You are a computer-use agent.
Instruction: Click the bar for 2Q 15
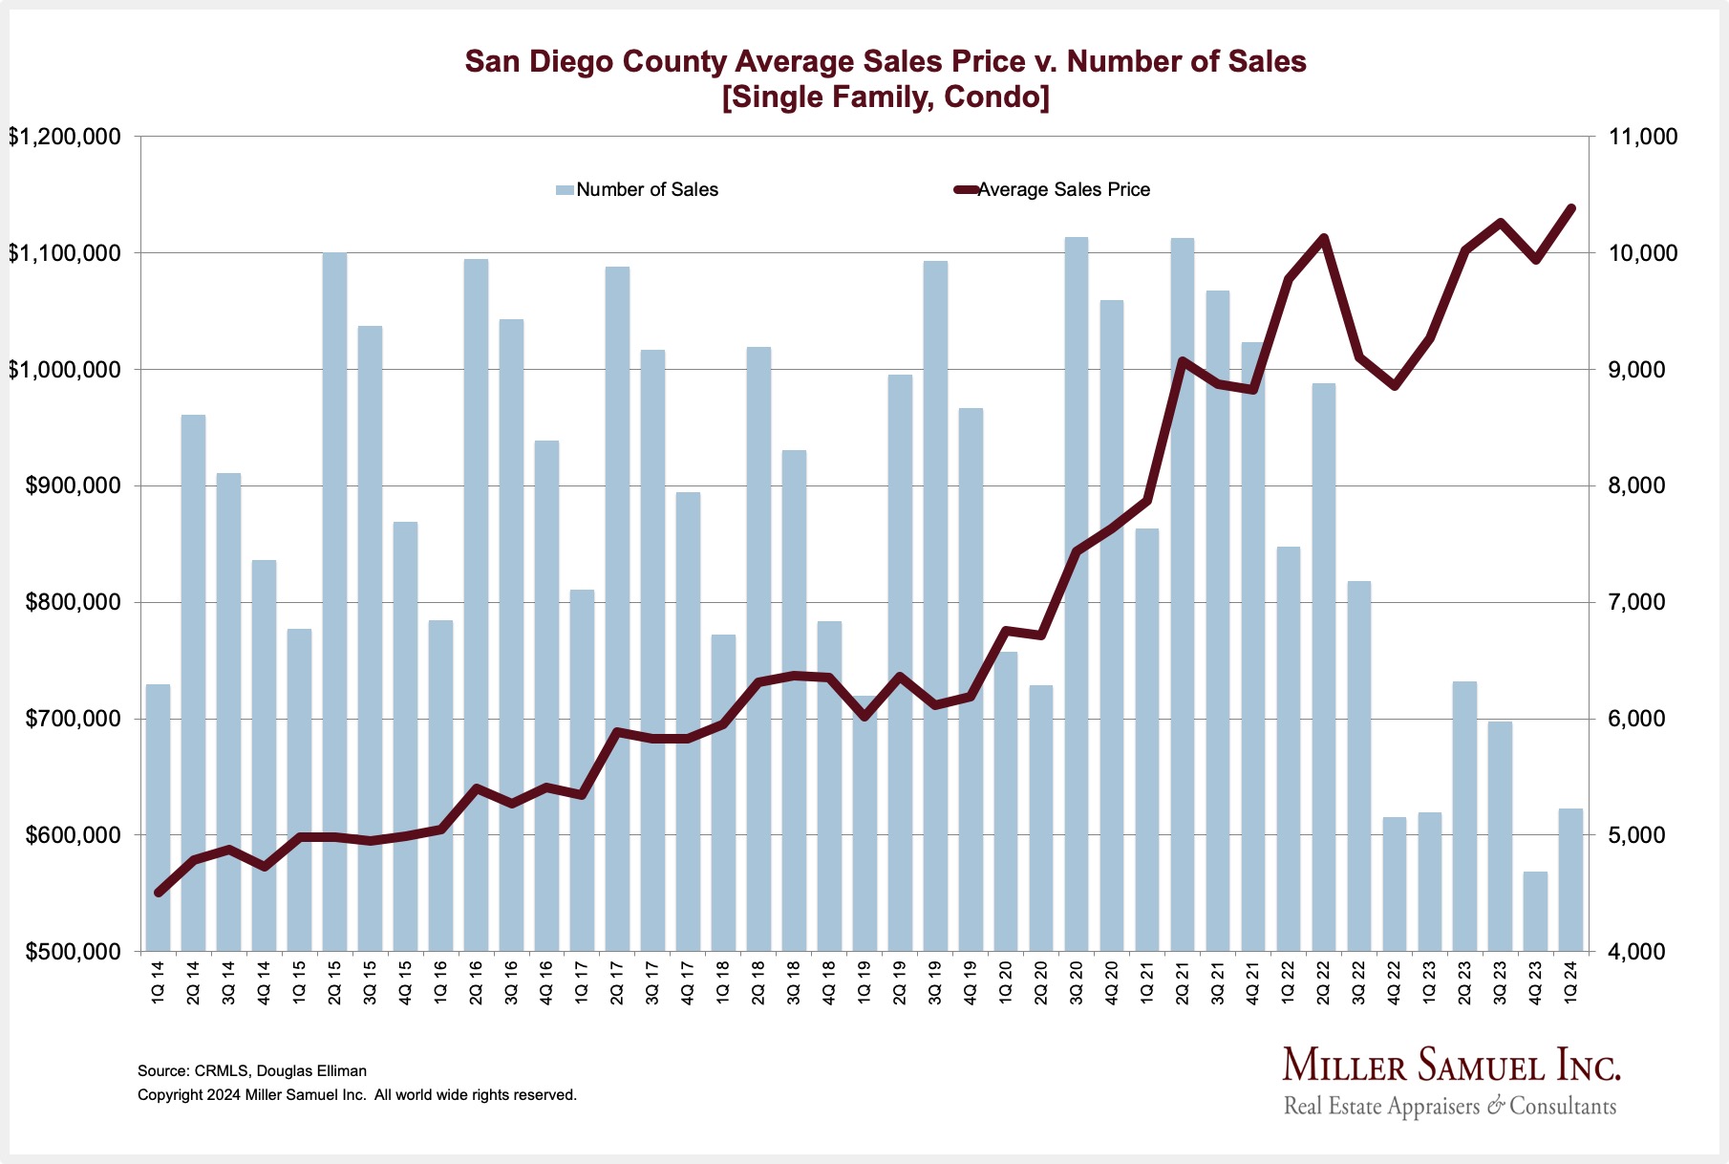[x=334, y=602]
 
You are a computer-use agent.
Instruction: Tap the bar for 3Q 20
[x=1077, y=593]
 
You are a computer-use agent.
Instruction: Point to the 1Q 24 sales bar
[x=1570, y=879]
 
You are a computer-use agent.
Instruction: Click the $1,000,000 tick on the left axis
[x=65, y=370]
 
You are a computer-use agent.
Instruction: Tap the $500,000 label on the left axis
[x=65, y=952]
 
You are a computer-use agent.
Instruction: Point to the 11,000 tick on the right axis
[x=1643, y=137]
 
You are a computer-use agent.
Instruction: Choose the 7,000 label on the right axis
[x=1637, y=602]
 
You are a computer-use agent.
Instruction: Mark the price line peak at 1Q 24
[x=1570, y=207]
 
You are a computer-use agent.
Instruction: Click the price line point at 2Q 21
[x=1182, y=361]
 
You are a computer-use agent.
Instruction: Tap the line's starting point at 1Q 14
[x=158, y=893]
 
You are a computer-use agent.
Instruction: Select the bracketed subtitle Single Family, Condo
[x=886, y=97]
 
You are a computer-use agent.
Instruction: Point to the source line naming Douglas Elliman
[x=252, y=1071]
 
